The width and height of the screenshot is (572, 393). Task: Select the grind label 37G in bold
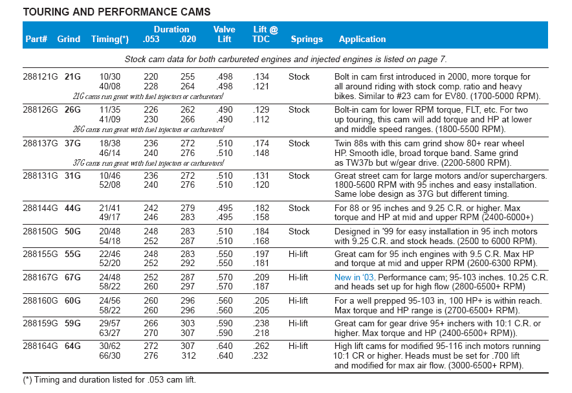72,143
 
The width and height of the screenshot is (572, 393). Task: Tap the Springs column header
307,39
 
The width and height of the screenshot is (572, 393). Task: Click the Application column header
362,39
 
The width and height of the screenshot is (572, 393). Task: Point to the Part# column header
36,39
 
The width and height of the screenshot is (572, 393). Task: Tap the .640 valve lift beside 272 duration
225,346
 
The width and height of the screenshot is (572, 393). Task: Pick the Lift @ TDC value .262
261,346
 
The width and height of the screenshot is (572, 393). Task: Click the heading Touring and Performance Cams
116,12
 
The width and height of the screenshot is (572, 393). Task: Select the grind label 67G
72,277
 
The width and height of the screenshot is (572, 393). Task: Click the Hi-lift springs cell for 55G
299,254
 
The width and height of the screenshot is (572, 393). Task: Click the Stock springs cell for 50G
299,231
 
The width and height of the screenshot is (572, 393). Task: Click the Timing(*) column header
110,39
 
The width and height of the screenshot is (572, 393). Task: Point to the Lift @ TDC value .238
261,323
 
